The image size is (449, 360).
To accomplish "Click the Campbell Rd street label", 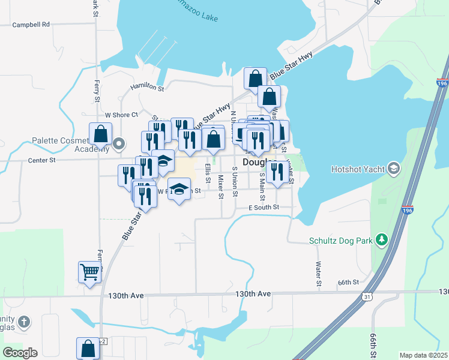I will pyautogui.click(x=31, y=25).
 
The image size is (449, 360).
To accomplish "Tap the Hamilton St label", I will pyautogui.click(x=148, y=88).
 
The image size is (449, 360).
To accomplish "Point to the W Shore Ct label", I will pyautogui.click(x=121, y=115).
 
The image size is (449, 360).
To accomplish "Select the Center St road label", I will pyautogui.click(x=41, y=160).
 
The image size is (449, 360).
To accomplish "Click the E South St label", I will pyautogui.click(x=264, y=207).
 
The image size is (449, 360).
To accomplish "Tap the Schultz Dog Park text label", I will pyautogui.click(x=340, y=241).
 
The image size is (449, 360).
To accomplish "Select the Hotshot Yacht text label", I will pyautogui.click(x=358, y=169).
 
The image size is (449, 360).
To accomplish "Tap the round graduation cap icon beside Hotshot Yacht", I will pyautogui.click(x=394, y=168).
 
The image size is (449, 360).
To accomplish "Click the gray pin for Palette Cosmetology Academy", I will pyautogui.click(x=119, y=143).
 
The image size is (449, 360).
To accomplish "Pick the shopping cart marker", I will pyautogui.click(x=90, y=272).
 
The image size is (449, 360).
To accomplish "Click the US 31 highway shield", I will pyautogui.click(x=367, y=296).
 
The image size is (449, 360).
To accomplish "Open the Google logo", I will pyautogui.click(x=20, y=353).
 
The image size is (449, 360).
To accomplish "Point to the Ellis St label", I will pyautogui.click(x=208, y=172).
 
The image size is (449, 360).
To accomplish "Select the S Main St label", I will pyautogui.click(x=262, y=187).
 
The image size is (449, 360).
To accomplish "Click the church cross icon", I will pyautogui.click(x=23, y=322).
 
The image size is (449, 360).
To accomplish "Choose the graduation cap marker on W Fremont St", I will pyautogui.click(x=178, y=190).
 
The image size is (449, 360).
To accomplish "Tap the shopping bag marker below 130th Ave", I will pyautogui.click(x=88, y=348).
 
